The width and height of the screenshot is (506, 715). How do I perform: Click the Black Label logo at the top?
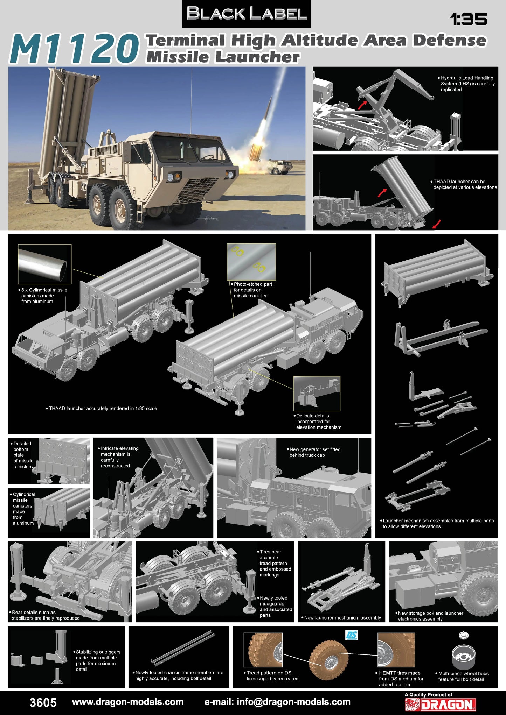pyautogui.click(x=247, y=14)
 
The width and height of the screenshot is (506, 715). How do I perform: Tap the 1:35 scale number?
pyautogui.click(x=469, y=20)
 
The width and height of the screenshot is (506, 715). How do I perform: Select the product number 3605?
pyautogui.click(x=43, y=702)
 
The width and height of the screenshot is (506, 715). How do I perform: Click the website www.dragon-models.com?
pyautogui.click(x=127, y=702)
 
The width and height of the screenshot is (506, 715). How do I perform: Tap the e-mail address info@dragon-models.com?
pyautogui.click(x=277, y=702)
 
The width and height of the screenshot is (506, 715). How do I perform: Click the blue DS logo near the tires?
pyautogui.click(x=351, y=635)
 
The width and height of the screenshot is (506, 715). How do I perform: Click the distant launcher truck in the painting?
pyautogui.click(x=280, y=167)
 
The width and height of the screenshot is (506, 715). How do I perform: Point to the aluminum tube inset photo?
pyautogui.click(x=44, y=264)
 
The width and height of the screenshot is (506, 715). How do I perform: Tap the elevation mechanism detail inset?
pyautogui.click(x=317, y=394)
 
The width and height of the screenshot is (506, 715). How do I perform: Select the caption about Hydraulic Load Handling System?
pyautogui.click(x=467, y=84)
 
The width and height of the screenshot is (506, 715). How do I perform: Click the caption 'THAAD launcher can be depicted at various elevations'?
pyautogui.click(x=465, y=184)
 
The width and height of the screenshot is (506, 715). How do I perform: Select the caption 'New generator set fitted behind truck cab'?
pyautogui.click(x=314, y=452)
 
